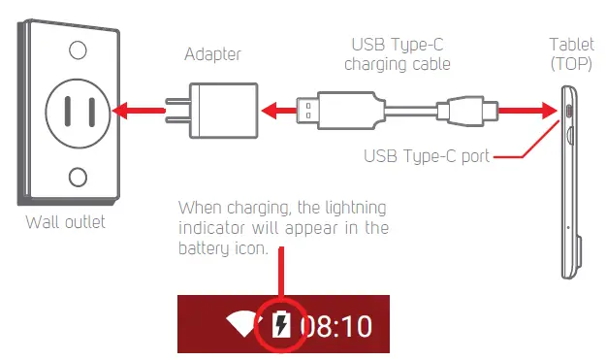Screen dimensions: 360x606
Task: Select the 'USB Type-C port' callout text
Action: pyautogui.click(x=426, y=155)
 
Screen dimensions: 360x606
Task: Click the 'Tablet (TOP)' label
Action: pyautogui.click(x=572, y=53)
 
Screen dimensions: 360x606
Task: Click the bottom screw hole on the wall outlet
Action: pyautogui.click(x=77, y=178)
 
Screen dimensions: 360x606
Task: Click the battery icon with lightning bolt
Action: pyautogui.click(x=282, y=325)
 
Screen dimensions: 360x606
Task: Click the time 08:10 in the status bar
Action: pyautogui.click(x=335, y=325)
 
